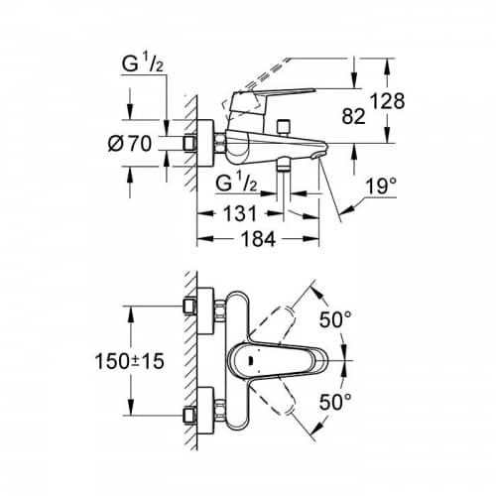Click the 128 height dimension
click(387, 101)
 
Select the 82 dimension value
click(353, 116)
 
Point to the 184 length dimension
click(258, 239)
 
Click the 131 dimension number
click(240, 213)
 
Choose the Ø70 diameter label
click(130, 144)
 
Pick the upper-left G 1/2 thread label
click(143, 64)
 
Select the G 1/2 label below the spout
click(236, 184)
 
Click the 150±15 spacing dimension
click(129, 361)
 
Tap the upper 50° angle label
click(335, 319)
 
